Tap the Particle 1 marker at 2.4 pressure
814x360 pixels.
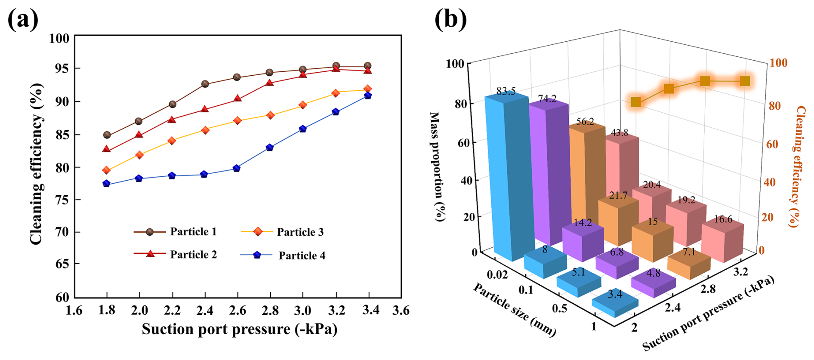(x=205, y=84)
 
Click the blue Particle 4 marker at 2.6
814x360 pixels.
(x=237, y=168)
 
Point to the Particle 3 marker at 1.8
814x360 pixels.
(x=107, y=170)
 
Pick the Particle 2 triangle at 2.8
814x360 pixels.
(x=270, y=83)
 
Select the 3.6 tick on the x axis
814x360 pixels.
(x=401, y=311)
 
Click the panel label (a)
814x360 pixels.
(x=22, y=19)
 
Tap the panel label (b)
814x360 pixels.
(x=450, y=19)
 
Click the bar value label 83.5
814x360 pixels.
(x=506, y=92)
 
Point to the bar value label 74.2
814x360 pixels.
(x=547, y=99)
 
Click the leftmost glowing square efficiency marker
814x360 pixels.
(x=635, y=102)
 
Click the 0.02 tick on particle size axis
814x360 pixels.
(x=497, y=274)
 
